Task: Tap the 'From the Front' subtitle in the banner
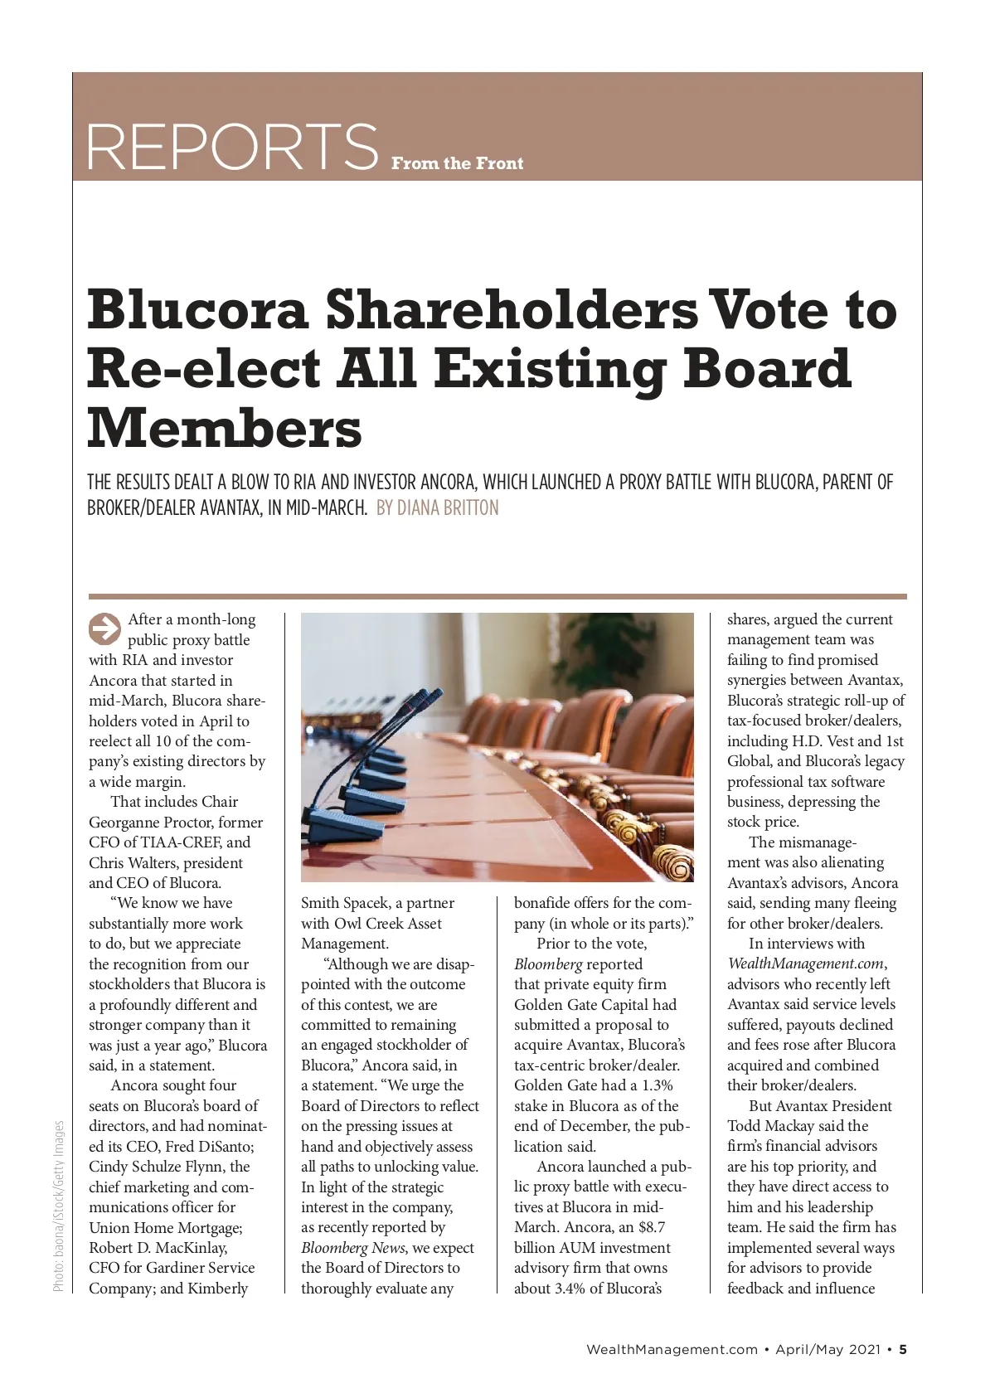click(x=457, y=163)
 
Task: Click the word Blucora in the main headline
click(x=198, y=308)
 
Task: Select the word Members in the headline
click(x=225, y=428)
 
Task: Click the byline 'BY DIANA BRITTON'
click(x=438, y=507)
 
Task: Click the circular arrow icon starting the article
click(x=104, y=629)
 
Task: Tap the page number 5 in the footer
click(x=903, y=1349)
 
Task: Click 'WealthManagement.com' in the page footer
click(x=672, y=1349)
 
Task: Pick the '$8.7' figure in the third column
click(x=652, y=1227)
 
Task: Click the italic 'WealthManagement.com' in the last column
click(x=806, y=964)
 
